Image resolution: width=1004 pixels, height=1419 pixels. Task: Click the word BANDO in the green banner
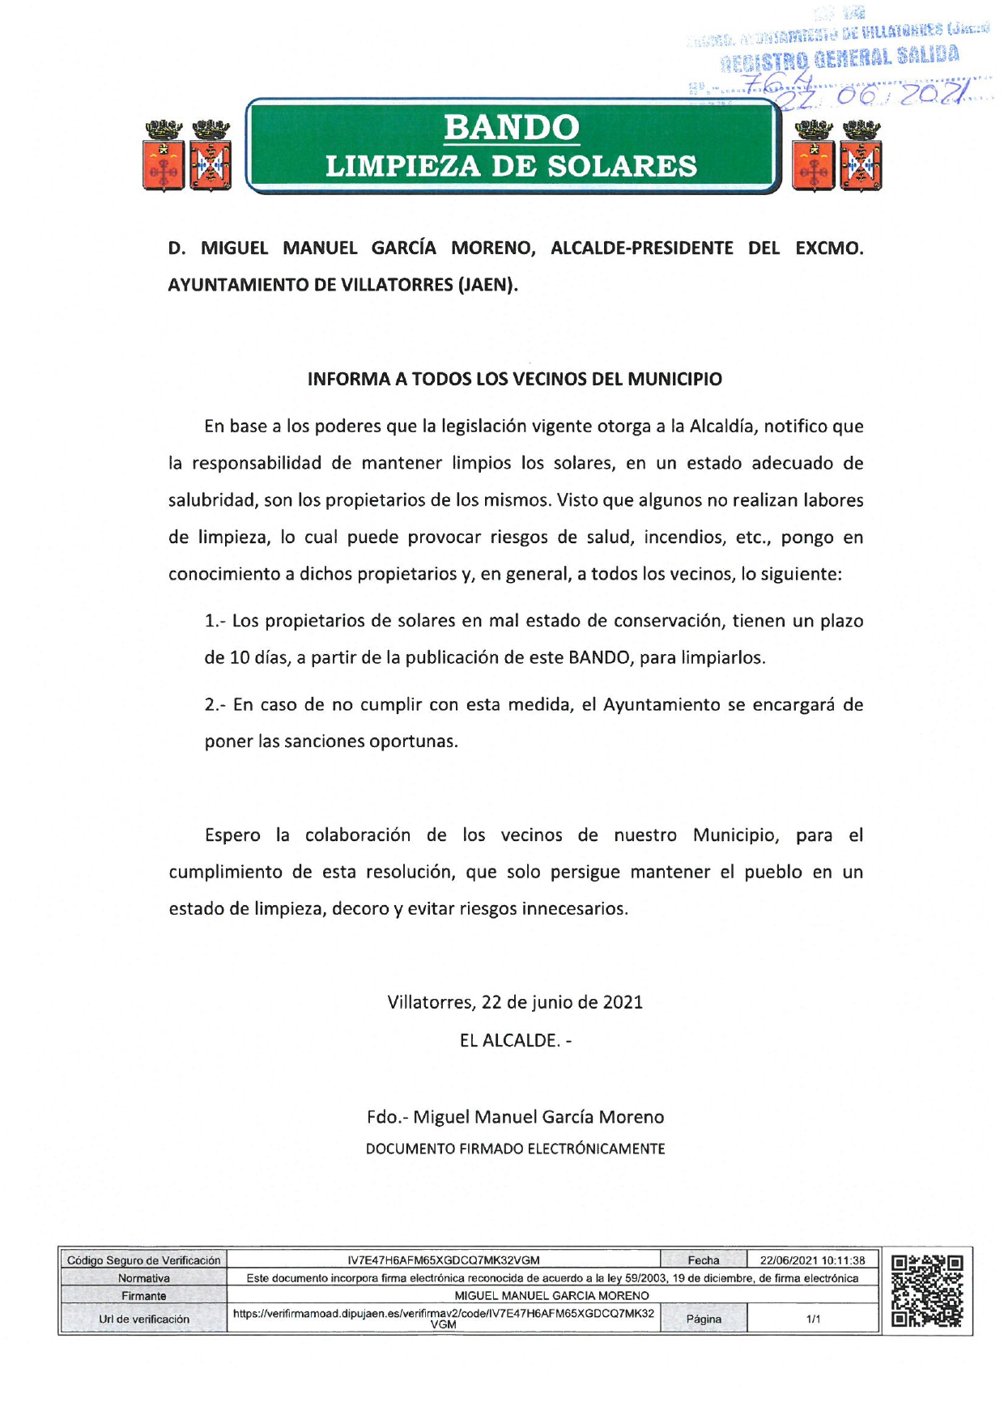pyautogui.click(x=511, y=128)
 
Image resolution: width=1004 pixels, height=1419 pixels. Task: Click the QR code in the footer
pyautogui.click(x=926, y=1290)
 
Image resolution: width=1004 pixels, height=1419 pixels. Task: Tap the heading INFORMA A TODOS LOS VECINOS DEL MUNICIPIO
pyautogui.click(x=514, y=379)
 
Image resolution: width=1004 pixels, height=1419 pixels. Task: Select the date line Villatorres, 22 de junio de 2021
pyautogui.click(x=515, y=1002)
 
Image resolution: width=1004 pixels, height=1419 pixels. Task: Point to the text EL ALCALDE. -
pyautogui.click(x=515, y=1040)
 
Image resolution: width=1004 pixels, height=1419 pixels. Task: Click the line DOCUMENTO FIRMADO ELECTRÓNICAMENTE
pyautogui.click(x=515, y=1149)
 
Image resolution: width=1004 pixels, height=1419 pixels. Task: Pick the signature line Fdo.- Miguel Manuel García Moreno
pyautogui.click(x=515, y=1117)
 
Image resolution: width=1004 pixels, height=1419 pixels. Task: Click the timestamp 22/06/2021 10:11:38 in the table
pyautogui.click(x=812, y=1260)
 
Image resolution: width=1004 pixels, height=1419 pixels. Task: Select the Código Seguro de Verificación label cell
pyautogui.click(x=143, y=1260)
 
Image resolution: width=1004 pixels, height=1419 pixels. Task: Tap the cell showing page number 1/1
pyautogui.click(x=813, y=1319)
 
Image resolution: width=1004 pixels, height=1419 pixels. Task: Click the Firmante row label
pyautogui.click(x=143, y=1296)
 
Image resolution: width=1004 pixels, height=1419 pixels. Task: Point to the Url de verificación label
pyautogui.click(x=143, y=1319)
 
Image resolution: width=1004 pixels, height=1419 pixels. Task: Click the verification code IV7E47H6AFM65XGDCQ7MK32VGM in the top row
pyautogui.click(x=443, y=1260)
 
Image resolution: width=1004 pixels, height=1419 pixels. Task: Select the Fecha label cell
pyautogui.click(x=703, y=1260)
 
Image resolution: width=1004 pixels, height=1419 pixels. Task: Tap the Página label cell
pyautogui.click(x=703, y=1319)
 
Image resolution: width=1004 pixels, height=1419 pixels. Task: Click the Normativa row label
pyautogui.click(x=143, y=1278)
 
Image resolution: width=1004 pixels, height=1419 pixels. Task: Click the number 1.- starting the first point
pyautogui.click(x=215, y=621)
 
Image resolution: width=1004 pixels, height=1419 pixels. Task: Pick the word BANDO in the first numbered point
pyautogui.click(x=598, y=657)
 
